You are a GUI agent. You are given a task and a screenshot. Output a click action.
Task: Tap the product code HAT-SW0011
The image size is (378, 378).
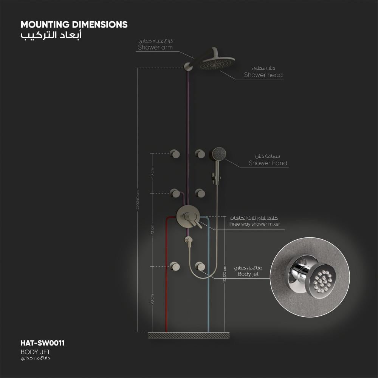42,343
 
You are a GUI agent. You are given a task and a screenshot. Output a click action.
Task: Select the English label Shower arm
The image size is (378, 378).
155,48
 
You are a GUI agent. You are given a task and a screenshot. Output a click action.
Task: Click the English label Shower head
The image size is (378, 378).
263,75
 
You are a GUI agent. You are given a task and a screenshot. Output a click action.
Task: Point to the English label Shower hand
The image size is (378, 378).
268,163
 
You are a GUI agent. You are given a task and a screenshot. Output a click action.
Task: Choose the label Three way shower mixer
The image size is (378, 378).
254,224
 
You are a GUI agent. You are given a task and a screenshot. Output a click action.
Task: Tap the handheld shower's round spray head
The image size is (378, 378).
219,153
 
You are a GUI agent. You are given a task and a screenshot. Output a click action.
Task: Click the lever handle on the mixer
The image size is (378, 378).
196,223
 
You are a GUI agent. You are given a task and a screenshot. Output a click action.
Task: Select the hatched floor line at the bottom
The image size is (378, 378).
188,335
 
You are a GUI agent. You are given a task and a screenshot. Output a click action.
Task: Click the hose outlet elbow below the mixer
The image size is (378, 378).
188,240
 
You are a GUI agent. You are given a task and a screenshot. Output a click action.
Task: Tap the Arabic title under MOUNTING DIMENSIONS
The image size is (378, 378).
50,36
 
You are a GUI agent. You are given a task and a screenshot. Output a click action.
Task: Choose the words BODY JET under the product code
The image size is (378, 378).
35,352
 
